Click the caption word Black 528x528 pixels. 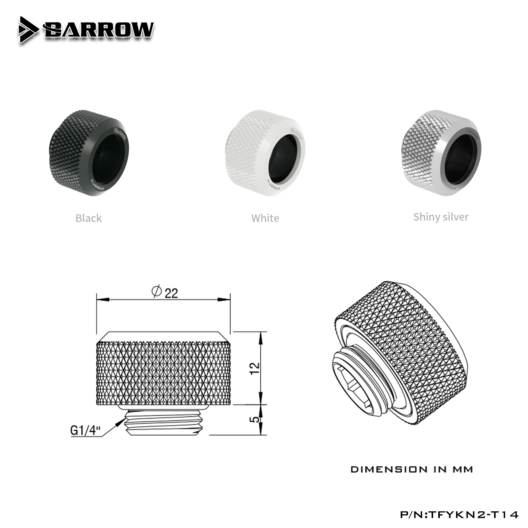pos(88,218)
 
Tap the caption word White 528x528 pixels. pos(265,218)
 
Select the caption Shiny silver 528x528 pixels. pos(441,217)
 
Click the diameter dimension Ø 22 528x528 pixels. pos(165,293)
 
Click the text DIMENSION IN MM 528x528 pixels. pos(412,469)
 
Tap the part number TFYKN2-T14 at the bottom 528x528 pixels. pos(459,514)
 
